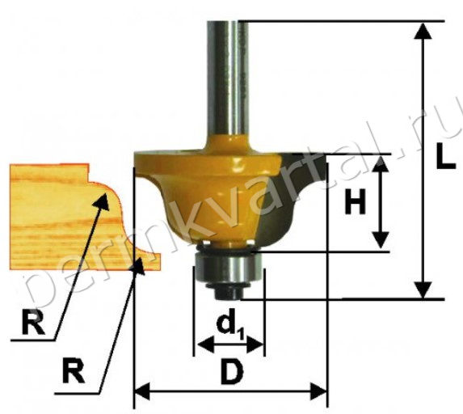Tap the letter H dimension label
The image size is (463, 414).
[356, 201]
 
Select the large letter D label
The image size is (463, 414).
[233, 371]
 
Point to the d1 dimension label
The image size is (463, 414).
[230, 327]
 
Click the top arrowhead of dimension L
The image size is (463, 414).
[423, 31]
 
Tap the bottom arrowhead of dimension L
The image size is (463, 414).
[423, 290]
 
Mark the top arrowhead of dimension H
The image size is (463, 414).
[380, 164]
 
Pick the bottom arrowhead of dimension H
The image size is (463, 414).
[380, 240]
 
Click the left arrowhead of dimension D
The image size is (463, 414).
[142, 391]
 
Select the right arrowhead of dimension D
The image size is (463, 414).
[318, 391]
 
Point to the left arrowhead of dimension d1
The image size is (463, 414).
[205, 344]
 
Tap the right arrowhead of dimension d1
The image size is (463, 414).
[255, 344]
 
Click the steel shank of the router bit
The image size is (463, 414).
[227, 78]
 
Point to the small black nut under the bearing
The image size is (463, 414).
[229, 292]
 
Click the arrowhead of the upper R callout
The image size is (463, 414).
[102, 201]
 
